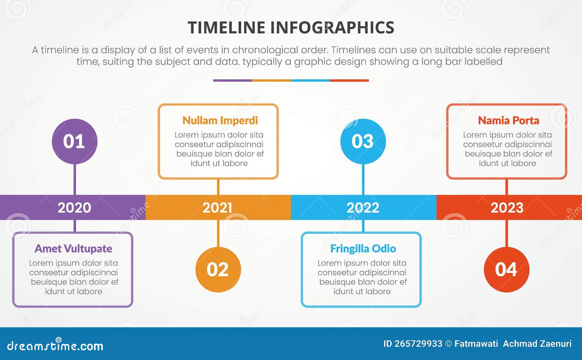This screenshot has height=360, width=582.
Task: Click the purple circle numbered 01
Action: point(75,141)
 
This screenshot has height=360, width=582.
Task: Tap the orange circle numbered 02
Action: point(218,269)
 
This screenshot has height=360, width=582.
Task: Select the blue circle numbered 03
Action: point(363,141)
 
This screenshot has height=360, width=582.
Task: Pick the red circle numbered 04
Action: point(506,269)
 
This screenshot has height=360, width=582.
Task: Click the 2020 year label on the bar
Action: point(74,208)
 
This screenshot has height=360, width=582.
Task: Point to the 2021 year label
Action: point(217,208)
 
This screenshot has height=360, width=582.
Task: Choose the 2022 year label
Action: point(363,208)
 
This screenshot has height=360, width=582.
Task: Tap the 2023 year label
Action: point(507,208)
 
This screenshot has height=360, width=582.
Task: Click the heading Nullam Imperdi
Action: point(220,120)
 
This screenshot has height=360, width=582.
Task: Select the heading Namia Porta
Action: point(508,120)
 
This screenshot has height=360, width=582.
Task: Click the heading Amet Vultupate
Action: point(73,249)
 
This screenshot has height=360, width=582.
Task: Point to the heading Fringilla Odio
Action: point(363,249)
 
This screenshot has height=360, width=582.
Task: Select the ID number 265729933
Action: point(418,344)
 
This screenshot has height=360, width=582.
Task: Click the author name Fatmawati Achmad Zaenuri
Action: point(513,344)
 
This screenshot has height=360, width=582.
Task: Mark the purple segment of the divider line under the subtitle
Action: point(232,80)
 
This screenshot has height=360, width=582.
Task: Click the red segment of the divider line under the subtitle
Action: point(349,80)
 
